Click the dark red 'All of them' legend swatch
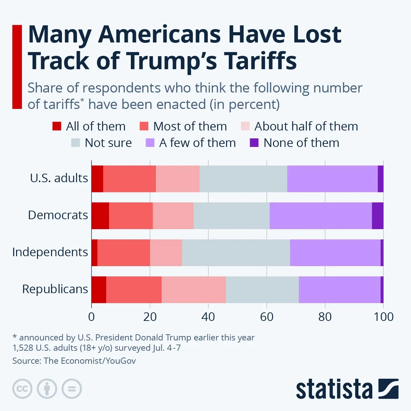point(57,126)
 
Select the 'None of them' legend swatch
point(254,143)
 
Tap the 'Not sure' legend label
point(108,143)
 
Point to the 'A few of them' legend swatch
point(150,143)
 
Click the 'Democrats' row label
point(58,215)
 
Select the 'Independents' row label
point(50,252)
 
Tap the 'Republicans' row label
point(55,289)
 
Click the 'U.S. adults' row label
point(59,178)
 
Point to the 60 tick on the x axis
point(266,317)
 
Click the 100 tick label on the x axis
point(383,317)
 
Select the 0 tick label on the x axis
point(91,317)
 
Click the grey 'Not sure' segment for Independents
point(236,253)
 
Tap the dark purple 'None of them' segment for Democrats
point(377,216)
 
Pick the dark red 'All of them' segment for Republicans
point(99,290)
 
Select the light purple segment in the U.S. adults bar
point(332,179)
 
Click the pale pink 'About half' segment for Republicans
point(194,290)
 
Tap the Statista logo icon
point(388,389)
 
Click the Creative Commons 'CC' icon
point(22,389)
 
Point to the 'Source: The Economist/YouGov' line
point(74,361)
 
